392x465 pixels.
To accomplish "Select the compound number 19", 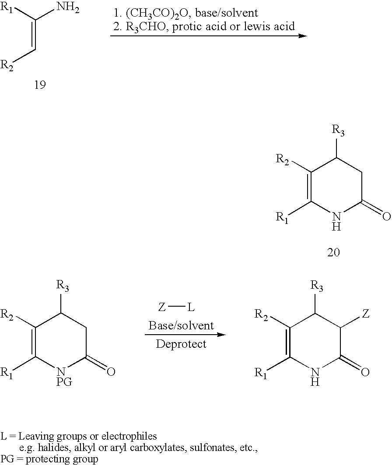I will [x=40, y=84].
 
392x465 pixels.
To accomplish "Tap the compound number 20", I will [x=334, y=252].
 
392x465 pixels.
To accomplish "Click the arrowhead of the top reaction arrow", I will [x=302, y=35].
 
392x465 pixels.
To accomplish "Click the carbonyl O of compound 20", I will [x=385, y=216].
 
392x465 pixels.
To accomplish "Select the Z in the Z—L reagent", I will [x=161, y=308].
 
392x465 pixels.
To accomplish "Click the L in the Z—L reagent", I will [x=191, y=308].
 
